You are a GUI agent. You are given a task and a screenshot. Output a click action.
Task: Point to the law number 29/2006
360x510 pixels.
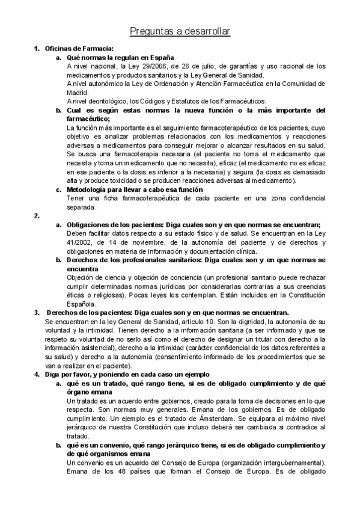pos(155,66)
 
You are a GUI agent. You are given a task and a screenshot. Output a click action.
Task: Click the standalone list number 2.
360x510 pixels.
pos(37,215)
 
